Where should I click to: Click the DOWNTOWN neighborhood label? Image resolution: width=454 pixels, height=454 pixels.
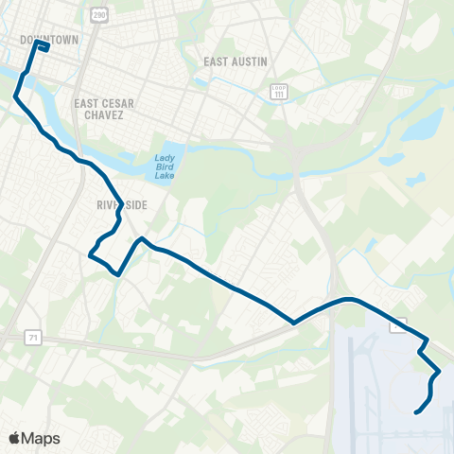(x=48, y=41)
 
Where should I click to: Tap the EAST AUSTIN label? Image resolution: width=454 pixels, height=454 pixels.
(x=236, y=61)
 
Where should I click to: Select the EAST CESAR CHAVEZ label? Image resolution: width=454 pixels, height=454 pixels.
(x=105, y=105)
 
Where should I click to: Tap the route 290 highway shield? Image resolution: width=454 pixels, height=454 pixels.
(x=99, y=16)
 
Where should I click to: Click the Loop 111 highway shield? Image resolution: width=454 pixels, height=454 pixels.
(x=277, y=92)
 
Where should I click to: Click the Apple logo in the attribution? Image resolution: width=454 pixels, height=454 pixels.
(x=14, y=438)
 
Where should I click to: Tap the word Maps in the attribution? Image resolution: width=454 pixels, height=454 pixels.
(x=43, y=438)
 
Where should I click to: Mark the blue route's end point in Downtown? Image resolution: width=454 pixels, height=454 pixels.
(x=47, y=21)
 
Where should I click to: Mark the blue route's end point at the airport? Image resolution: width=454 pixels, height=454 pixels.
(x=415, y=411)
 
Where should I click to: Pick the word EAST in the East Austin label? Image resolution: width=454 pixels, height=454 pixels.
(x=216, y=61)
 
